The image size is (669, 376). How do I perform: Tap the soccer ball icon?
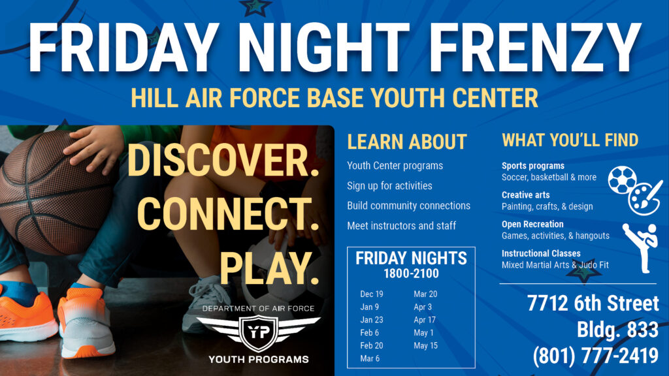coord(622,180)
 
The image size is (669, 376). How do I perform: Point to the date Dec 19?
coord(372,294)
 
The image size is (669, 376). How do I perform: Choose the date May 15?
coord(425,345)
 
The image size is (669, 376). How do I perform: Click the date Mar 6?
coord(370,358)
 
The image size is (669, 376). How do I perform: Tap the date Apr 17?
coord(424,320)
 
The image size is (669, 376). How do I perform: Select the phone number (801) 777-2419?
coord(595,356)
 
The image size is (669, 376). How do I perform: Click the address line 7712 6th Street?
coord(593,304)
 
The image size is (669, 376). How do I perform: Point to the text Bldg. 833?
coord(617,330)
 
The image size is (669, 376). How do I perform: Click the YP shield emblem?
coord(258,330)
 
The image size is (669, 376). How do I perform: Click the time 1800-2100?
coord(411,274)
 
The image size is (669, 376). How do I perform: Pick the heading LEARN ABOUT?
coord(406,142)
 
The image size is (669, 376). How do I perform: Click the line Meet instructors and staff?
coord(401,225)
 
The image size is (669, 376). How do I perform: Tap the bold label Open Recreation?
coord(532,225)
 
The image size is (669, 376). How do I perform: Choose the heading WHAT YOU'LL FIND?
coord(570,140)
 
